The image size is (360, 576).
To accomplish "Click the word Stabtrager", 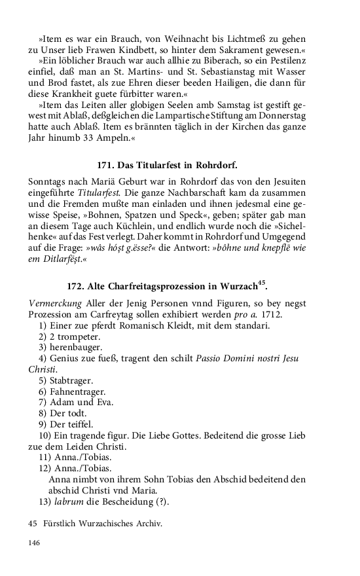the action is click(73, 380).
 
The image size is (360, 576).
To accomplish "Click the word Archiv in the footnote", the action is click(147, 524).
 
